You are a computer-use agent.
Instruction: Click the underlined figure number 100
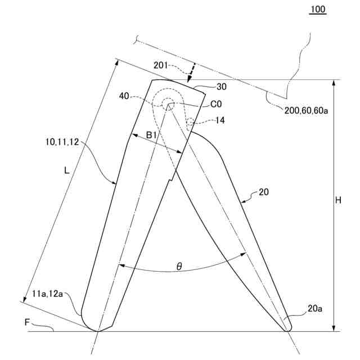pos(318,10)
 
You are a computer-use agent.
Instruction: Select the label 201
pos(161,65)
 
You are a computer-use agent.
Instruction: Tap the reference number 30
pos(222,87)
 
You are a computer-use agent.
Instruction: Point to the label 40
pos(124,96)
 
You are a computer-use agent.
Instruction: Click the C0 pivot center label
pos(216,104)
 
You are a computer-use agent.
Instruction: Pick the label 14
pos(220,120)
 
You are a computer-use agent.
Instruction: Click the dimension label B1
pos(151,136)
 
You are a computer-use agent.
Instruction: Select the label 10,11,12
pos(62,142)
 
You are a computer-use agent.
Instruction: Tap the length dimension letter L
pos(66,170)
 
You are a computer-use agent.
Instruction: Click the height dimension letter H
pos(338,200)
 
